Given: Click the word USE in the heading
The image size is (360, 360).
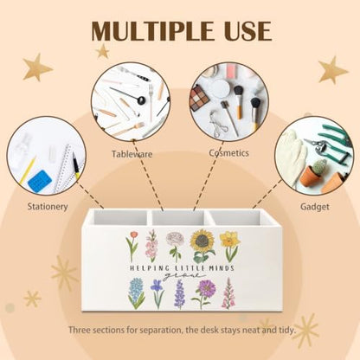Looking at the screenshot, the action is point(242,30).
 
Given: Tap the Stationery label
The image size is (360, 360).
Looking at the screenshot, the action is point(48,207).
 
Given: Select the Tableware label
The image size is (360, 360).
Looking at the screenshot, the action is point(132,154).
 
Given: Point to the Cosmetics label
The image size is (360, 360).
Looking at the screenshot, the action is point(228,152).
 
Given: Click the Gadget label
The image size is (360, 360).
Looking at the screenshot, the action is point(315,207).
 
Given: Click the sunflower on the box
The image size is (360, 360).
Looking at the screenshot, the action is point(202,246).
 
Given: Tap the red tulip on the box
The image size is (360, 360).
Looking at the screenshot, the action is point(132,246).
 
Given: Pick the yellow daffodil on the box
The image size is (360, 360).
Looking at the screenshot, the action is point(230,246).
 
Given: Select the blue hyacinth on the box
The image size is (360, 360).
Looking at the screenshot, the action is point(136,293).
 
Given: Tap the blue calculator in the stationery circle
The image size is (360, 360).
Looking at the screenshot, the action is point(40,181).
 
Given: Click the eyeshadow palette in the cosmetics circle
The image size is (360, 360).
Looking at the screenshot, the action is point(199,98).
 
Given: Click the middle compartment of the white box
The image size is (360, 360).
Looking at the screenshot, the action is point(180,217).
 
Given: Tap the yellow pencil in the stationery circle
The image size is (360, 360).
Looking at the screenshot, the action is point(28,170).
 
